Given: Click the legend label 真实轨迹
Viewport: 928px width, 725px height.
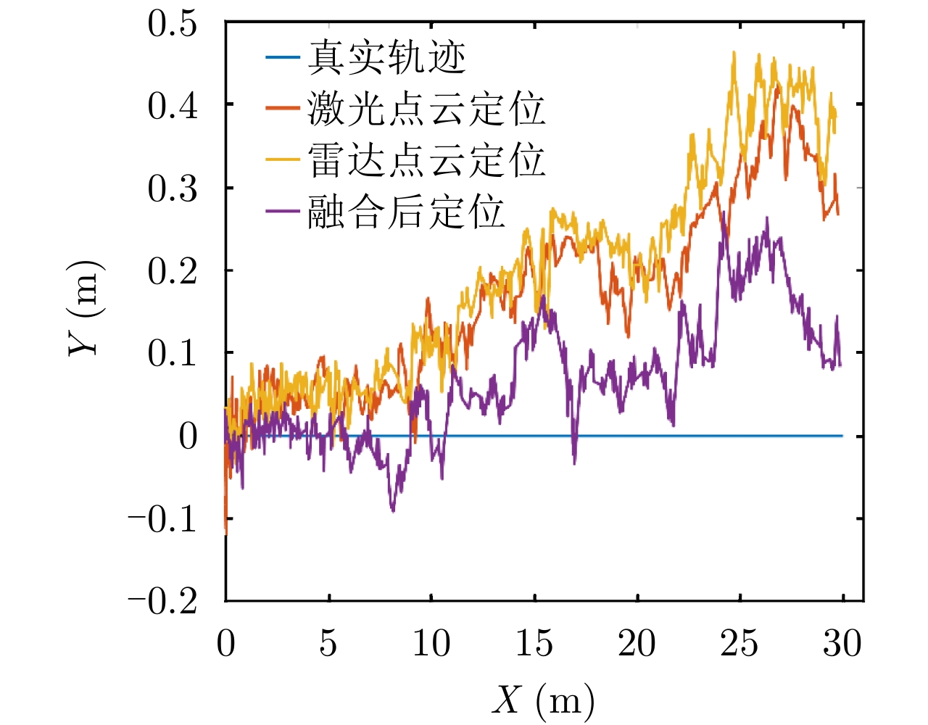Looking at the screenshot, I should [386, 57].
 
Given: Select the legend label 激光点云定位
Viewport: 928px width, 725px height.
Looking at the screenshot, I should [426, 109].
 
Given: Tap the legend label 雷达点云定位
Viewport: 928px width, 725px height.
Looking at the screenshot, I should [426, 160].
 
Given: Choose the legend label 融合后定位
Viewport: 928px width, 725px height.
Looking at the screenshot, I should [405, 212].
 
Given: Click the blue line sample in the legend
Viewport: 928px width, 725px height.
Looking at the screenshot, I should [282, 57].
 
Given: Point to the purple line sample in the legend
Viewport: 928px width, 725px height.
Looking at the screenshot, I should [282, 212].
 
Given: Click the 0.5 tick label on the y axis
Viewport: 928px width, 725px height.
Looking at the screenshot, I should [173, 23].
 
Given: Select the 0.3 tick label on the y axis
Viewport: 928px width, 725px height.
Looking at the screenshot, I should [173, 188].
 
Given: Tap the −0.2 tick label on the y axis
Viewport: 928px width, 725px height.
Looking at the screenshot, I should [162, 601].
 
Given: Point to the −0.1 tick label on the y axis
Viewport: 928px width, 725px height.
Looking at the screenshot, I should [162, 518].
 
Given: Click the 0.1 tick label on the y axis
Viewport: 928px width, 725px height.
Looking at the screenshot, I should [173, 353].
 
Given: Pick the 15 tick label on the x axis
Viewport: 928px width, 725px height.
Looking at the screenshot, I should [534, 643].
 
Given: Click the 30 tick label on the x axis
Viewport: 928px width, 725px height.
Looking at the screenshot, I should [842, 643].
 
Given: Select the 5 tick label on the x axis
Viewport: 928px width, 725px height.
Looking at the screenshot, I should [328, 643].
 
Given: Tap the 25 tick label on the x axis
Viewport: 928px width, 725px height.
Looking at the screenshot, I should [739, 643].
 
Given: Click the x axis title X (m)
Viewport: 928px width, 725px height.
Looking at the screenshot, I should [544, 700].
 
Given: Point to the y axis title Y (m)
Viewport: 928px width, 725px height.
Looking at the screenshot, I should [86, 308].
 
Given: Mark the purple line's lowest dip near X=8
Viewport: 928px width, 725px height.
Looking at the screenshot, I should [393, 511].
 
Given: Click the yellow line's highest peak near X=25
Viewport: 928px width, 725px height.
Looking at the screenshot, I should [734, 52].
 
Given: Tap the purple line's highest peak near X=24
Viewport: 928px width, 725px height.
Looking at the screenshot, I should [723, 212].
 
